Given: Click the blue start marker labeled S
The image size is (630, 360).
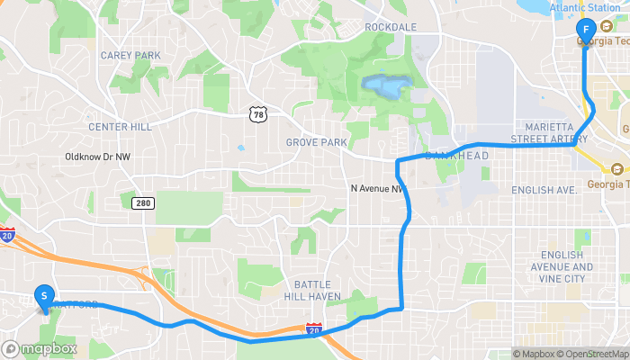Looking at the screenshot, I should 43,295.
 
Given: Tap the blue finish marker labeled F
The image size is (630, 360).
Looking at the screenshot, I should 586,31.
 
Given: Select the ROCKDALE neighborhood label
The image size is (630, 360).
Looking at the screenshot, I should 391,27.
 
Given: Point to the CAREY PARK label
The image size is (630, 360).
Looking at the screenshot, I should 130,55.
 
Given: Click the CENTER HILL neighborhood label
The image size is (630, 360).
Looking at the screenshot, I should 120,127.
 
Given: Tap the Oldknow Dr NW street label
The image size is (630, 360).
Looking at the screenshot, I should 98,156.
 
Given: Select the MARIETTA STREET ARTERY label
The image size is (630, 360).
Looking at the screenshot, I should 543,133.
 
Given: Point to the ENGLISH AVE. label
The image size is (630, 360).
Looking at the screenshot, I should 544,191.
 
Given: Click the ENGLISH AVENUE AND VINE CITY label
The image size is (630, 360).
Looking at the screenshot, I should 568,267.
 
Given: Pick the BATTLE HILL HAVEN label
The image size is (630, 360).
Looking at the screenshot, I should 311,291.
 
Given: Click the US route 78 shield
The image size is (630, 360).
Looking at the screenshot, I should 258,113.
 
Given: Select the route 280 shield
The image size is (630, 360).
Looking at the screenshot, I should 143,203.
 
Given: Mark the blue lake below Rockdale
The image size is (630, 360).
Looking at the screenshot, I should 384,87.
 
